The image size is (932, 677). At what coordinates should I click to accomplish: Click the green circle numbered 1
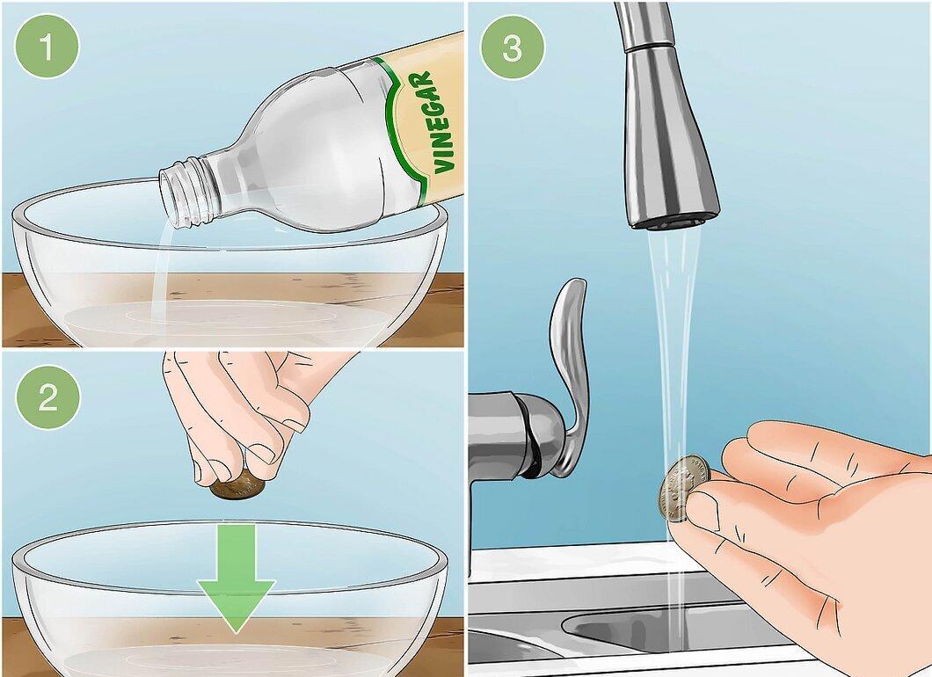pos(47,46)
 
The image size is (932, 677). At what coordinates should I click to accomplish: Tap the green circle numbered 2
pos(47,397)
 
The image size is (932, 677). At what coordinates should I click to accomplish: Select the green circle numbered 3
pos(513,47)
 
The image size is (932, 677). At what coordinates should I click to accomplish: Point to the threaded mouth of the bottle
pos(183,193)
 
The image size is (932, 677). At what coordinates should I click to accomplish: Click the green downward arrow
pos(237,578)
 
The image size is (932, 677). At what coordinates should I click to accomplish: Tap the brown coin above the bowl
pos(237,487)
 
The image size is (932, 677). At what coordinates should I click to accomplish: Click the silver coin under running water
pos(683,489)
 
